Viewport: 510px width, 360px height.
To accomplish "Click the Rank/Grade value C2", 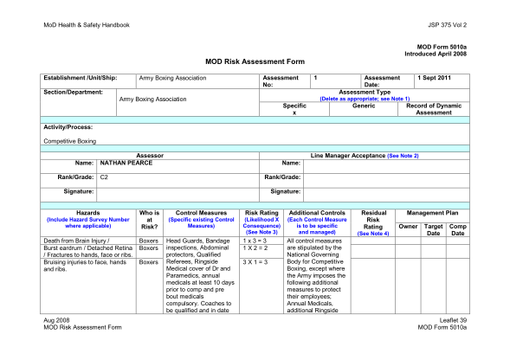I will coord(104,177).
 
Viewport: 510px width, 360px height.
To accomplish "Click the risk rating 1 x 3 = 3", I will coord(256,240).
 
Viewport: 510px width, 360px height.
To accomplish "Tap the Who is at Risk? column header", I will coord(149,219).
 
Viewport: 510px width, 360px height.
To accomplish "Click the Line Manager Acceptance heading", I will coord(365,154).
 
